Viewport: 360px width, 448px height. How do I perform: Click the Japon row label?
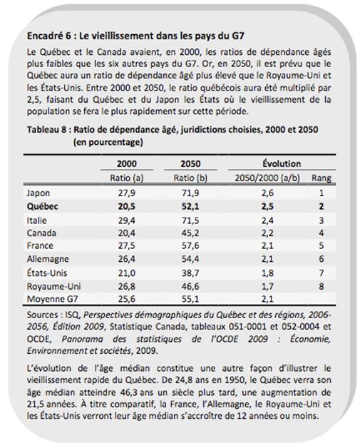[x=38, y=193]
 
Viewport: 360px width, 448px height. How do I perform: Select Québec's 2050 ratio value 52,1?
[x=190, y=207]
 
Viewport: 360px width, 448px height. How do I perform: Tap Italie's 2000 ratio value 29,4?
[x=127, y=220]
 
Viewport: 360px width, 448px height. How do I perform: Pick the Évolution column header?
[x=282, y=163]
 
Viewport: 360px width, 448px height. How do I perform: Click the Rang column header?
[x=322, y=178]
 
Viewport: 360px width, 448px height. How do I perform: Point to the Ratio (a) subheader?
[x=127, y=178]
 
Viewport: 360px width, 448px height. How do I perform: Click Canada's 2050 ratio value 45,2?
[x=190, y=233]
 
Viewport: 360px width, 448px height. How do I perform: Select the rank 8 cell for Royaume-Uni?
[x=322, y=286]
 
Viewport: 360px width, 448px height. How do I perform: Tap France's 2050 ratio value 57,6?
[x=190, y=245]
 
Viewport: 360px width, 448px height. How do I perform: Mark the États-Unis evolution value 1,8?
[x=267, y=273]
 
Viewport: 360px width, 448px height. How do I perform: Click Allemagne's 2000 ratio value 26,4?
[x=127, y=259]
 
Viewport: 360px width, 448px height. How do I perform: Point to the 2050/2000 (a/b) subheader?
[x=267, y=178]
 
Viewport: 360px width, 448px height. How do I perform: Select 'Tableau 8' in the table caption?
[x=47, y=130]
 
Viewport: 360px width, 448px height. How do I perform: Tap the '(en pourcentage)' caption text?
[x=108, y=142]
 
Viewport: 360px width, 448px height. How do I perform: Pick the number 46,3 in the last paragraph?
[x=129, y=392]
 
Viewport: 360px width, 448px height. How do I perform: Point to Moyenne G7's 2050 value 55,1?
[x=190, y=299]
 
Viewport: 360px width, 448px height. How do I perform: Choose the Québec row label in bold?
[x=42, y=207]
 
